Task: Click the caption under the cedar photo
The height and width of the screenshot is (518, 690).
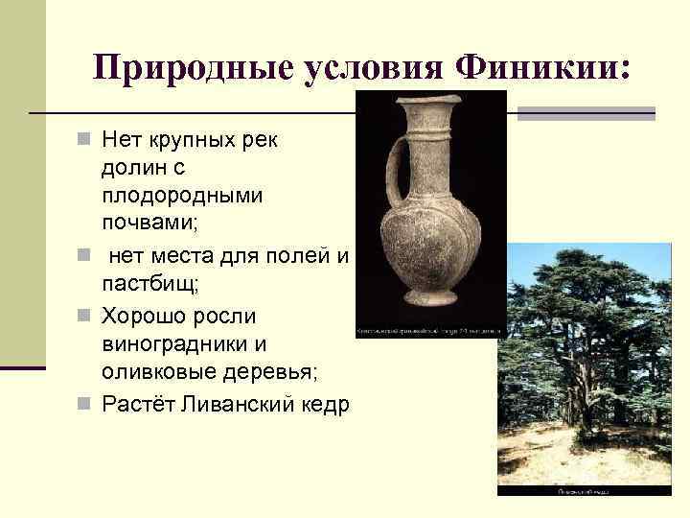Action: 586,491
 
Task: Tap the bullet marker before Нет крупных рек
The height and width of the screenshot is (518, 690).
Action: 84,139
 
